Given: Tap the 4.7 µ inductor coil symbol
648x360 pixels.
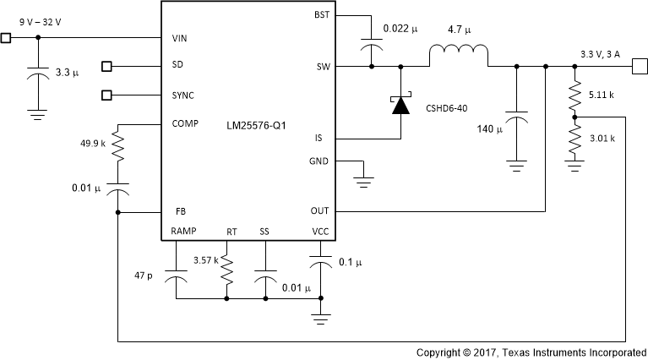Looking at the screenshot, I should point(457,57).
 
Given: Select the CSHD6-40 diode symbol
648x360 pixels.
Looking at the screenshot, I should point(400,105).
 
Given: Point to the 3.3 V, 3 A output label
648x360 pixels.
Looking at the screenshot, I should point(602,54).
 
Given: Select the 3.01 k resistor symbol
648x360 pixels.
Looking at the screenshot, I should point(574,139).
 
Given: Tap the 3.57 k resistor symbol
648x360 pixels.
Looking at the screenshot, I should point(226,270).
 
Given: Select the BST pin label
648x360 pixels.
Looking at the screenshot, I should point(322,15).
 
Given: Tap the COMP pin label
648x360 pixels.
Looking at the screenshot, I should point(185,123).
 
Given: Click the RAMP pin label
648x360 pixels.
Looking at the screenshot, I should point(184,231).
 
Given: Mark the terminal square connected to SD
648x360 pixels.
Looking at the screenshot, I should point(106,65).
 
